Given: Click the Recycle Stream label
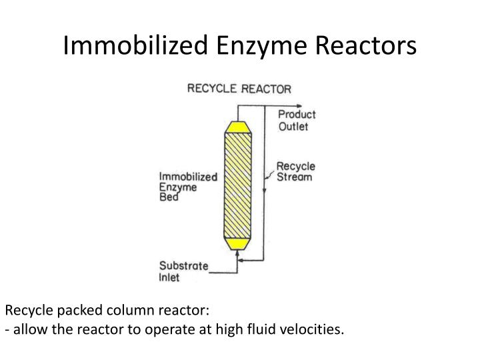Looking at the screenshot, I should tap(295, 172).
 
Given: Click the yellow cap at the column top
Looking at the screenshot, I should tap(237, 127).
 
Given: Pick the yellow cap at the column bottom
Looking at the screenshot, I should tap(236, 244).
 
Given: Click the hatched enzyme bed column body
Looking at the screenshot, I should tap(237, 185).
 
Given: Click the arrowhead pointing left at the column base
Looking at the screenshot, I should tap(241, 262).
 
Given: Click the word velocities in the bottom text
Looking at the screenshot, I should tap(309, 330).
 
